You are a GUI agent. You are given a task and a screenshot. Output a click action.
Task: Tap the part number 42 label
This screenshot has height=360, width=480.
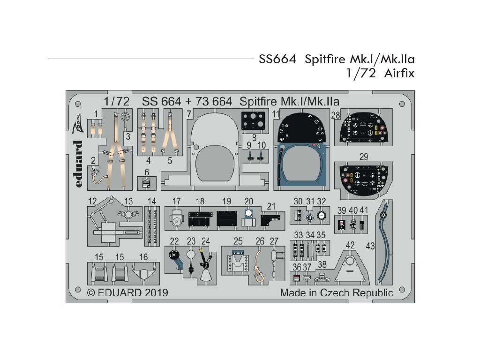[x=350, y=246]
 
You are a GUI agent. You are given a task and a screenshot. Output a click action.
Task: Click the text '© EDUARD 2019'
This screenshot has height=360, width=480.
[x=127, y=292]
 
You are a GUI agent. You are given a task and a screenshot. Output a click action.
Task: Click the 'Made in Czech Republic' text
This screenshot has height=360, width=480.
[x=336, y=293]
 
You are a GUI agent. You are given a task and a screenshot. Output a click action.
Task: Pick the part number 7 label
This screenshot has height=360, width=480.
[x=188, y=114]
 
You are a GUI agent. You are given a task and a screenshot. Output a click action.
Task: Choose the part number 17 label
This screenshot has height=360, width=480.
[x=176, y=202]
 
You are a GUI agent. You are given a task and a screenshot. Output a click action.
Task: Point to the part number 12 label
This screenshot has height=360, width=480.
[x=93, y=202]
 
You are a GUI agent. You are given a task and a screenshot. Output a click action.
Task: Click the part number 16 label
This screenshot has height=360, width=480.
[x=143, y=257]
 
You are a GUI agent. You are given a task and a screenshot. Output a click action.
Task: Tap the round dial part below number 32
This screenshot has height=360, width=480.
[x=322, y=216]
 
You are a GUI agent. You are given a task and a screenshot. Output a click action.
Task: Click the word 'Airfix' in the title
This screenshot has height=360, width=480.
[x=398, y=73]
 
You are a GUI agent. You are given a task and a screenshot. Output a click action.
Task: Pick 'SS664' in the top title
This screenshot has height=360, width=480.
[x=276, y=60]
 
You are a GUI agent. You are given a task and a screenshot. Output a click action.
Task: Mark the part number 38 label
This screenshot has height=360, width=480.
[x=322, y=264]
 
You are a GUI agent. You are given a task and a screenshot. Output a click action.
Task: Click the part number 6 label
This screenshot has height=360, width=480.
[x=147, y=172]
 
